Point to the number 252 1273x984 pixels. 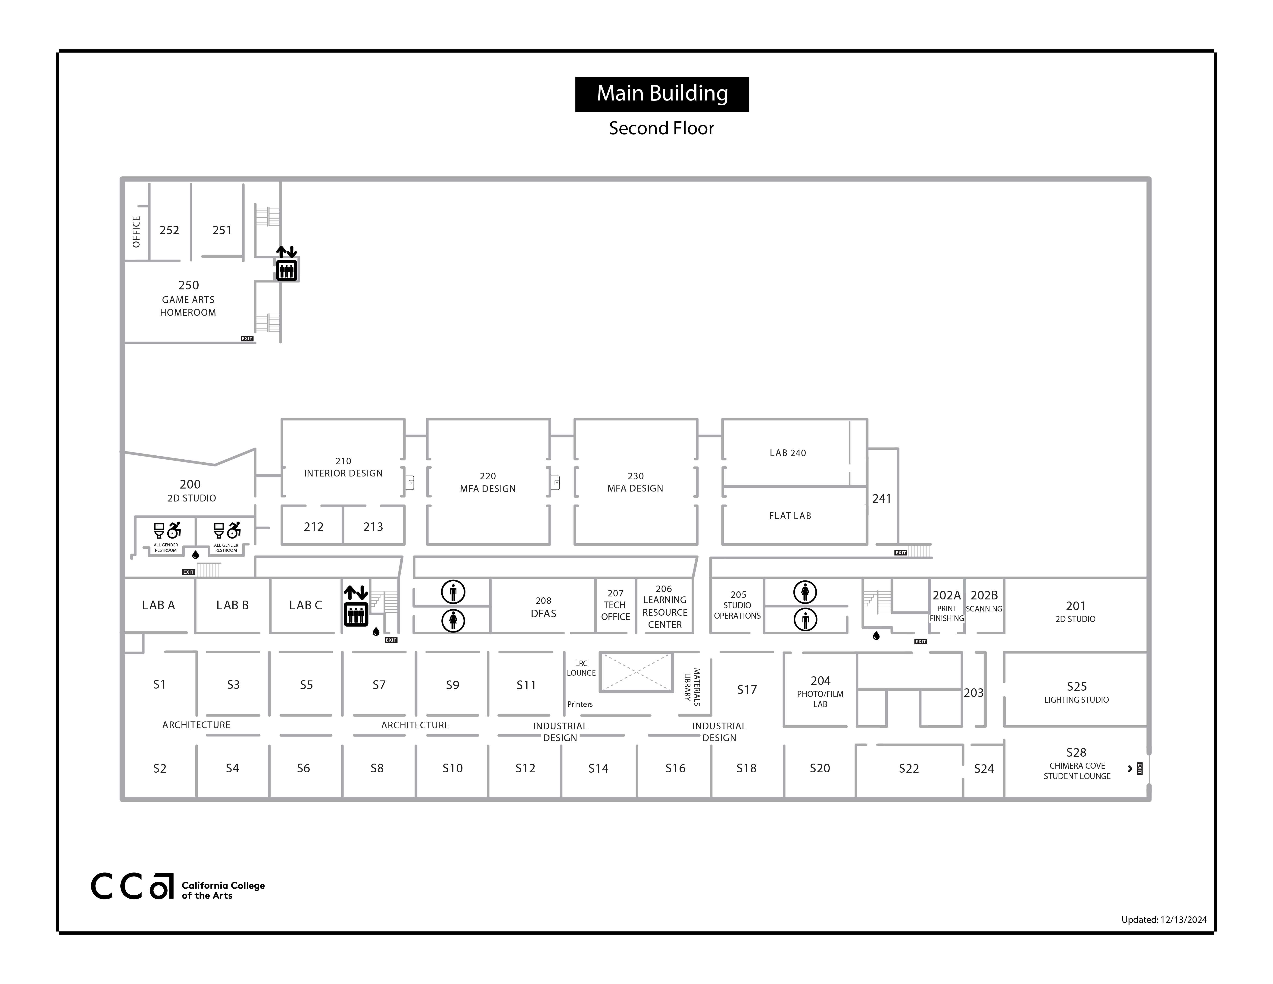pyautogui.click(x=169, y=230)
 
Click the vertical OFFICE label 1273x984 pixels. pyautogui.click(x=136, y=232)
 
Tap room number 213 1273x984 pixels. pyautogui.click(x=373, y=527)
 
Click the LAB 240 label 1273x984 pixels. pyautogui.click(x=788, y=453)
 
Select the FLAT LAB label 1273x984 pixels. pyautogui.click(x=790, y=516)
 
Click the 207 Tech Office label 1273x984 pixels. pyautogui.click(x=615, y=605)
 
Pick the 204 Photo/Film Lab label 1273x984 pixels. pyautogui.click(x=820, y=691)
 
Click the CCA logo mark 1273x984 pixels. pyautogui.click(x=132, y=886)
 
